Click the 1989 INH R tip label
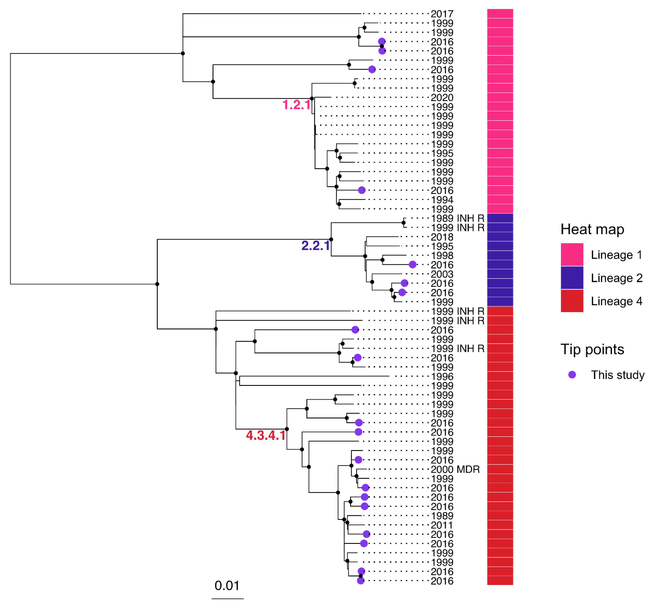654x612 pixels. click(458, 218)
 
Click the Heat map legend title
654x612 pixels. click(592, 229)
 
